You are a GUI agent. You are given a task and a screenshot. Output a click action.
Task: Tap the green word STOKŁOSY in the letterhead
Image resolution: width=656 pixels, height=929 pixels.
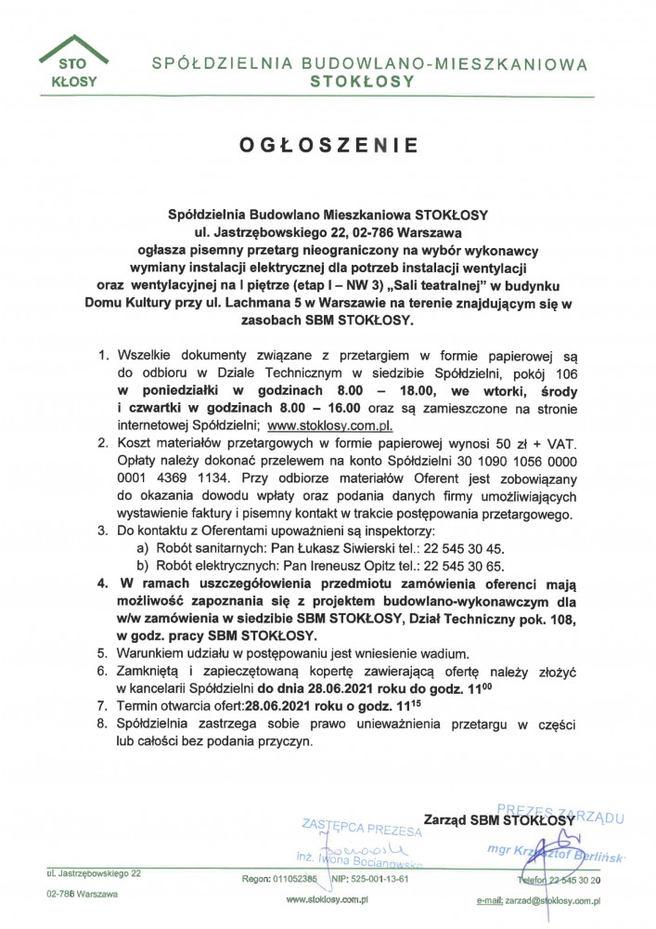coord(363,82)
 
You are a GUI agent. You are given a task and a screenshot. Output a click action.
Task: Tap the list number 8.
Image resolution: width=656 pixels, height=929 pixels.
coord(103,724)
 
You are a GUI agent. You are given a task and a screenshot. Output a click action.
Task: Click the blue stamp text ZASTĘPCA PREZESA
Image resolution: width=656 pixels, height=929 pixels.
coord(363,827)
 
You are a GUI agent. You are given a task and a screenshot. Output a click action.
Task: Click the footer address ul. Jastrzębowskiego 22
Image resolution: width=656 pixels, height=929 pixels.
coord(94,874)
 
